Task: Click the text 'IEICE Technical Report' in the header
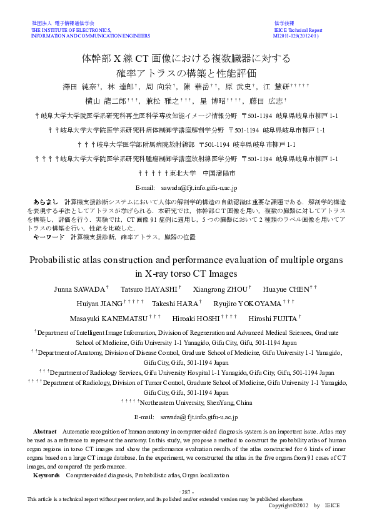[x=298, y=30]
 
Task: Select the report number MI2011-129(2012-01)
[x=296, y=36]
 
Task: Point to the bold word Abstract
[x=44, y=432]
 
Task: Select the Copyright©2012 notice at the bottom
[x=289, y=505]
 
